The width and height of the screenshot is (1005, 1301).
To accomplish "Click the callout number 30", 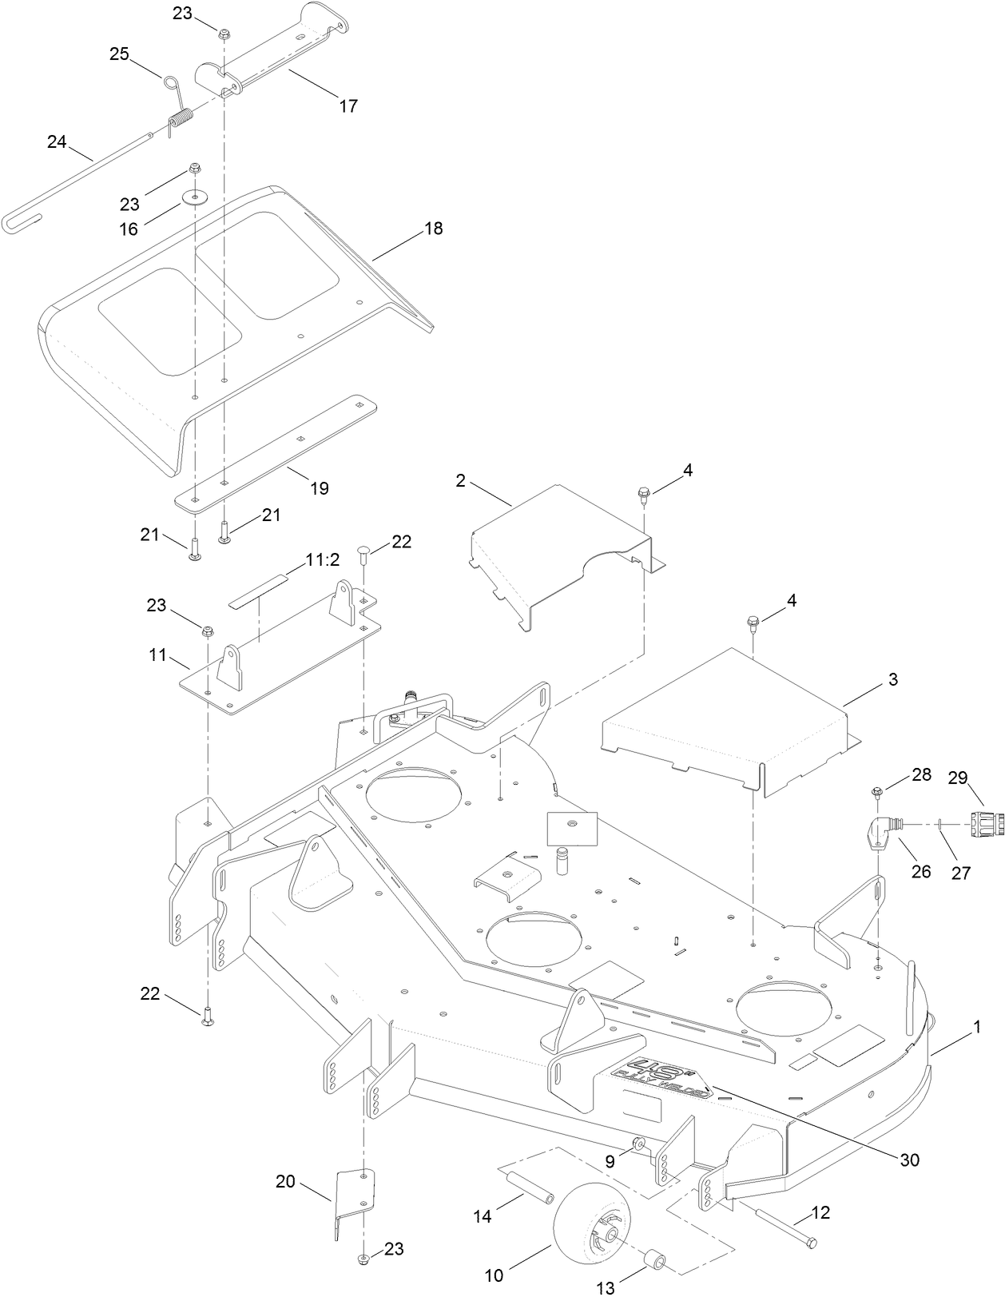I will pos(909,1159).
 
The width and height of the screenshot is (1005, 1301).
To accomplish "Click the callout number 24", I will pos(57,142).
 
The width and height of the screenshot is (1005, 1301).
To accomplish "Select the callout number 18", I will pos(433,229).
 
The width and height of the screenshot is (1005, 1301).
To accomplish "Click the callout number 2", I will pos(460,480).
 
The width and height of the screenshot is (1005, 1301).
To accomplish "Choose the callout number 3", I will pos(892,680).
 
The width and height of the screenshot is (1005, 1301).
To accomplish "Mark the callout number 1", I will pos(975,1031).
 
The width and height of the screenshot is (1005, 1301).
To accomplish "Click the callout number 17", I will pos(348,105).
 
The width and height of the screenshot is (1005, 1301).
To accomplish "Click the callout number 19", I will pos(319,488).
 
